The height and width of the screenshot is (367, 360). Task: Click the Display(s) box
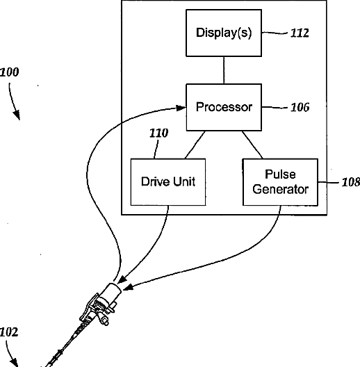tap(224, 33)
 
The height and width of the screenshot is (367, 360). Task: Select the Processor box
tap(224, 107)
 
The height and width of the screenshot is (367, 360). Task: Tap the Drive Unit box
tap(168, 182)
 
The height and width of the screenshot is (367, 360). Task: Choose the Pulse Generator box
tap(280, 182)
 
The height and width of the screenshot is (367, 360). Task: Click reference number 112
tap(300, 33)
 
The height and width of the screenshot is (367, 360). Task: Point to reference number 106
tap(300, 107)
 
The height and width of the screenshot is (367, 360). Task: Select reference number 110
tap(158, 133)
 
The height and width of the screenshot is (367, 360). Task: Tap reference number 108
tap(351, 182)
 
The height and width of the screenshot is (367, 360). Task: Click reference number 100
tap(9, 72)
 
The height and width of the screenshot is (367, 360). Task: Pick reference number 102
tap(9, 332)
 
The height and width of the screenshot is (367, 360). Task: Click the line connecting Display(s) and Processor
tap(224, 70)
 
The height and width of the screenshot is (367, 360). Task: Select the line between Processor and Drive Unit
tap(195, 145)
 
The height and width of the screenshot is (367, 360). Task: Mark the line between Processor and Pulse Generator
tap(252, 145)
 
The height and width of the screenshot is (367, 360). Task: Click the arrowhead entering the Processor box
tap(181, 108)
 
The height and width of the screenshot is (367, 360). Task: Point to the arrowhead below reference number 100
tap(17, 115)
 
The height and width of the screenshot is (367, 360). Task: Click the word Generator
tap(280, 189)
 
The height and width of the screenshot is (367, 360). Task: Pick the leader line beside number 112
tap(275, 33)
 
